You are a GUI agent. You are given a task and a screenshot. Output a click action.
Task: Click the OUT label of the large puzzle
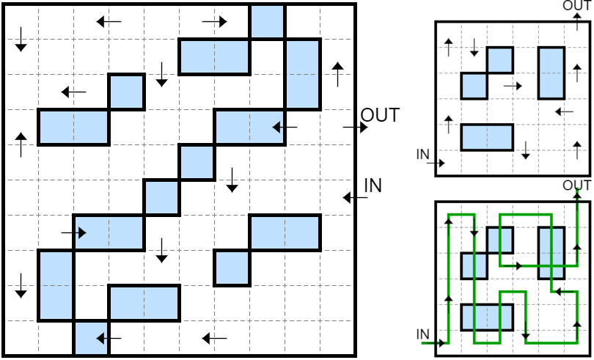tap(380, 115)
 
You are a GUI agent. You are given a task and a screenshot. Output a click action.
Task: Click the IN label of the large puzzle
tap(373, 185)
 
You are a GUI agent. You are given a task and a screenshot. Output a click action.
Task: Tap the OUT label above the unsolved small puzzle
tap(576, 5)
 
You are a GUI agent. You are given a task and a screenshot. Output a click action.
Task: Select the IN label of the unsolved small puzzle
tap(423, 154)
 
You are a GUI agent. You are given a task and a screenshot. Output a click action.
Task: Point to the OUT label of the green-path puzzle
tap(576, 185)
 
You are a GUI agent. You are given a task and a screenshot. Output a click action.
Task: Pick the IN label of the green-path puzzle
tap(423, 334)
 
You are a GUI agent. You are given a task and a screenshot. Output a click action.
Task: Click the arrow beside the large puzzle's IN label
tap(356, 197)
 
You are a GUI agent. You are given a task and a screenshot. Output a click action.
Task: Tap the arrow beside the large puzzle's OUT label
tap(356, 128)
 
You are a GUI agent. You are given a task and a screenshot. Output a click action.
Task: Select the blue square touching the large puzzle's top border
tap(267, 21)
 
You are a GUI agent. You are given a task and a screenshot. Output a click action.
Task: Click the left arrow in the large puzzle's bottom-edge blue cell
tap(109, 339)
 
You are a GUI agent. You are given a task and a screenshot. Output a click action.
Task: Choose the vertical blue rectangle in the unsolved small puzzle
tap(551, 73)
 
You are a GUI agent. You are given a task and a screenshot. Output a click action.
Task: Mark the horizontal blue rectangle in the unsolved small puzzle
tap(487, 137)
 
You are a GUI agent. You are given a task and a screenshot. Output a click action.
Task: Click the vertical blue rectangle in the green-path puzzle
tap(551, 253)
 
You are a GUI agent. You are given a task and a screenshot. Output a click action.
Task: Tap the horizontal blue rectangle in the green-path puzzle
tap(487, 317)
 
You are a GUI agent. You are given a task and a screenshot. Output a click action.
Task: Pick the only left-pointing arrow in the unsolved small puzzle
tap(565, 111)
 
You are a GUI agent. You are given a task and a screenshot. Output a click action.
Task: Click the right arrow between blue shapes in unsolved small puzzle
tap(513, 86)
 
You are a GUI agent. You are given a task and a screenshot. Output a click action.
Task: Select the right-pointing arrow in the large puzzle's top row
tap(214, 21)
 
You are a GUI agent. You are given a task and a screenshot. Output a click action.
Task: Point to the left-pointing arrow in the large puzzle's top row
tap(109, 21)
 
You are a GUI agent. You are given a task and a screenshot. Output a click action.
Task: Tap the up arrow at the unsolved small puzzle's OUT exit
tap(577, 21)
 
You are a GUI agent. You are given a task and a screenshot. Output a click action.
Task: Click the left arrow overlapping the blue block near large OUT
tap(285, 128)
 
